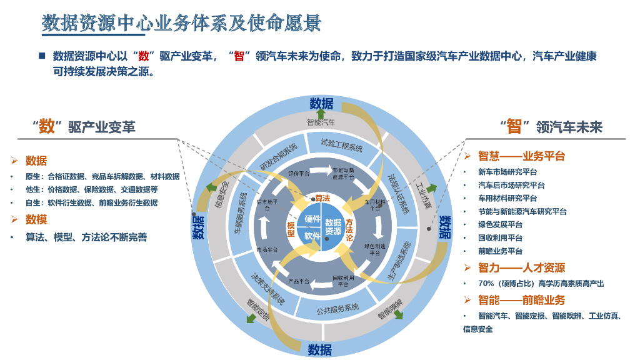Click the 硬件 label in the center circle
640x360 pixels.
click(312, 220)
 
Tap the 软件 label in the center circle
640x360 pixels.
click(312, 236)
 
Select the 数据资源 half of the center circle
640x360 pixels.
click(333, 227)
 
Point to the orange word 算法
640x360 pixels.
click(322, 198)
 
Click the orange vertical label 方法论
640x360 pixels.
click(349, 229)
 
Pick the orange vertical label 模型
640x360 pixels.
click(291, 229)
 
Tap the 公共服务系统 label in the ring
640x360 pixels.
click(338, 307)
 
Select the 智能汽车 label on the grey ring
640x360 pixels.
click(321, 122)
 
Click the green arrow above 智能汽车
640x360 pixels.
click(321, 113)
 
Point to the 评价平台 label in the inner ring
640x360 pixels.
click(299, 173)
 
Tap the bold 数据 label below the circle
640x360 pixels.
click(320, 349)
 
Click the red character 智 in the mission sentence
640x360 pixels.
click(238, 56)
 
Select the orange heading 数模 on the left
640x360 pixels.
click(36, 219)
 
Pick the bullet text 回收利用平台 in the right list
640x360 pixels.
click(500, 237)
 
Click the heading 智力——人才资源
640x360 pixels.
click(521, 267)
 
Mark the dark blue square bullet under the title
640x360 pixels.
click(42, 56)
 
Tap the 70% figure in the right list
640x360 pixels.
click(486, 284)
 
